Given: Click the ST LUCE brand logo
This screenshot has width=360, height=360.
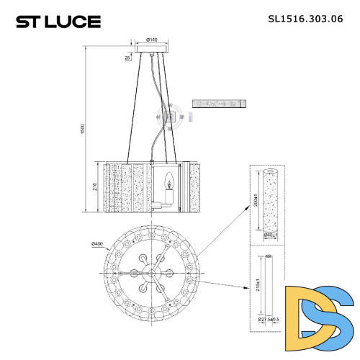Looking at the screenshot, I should [58, 22].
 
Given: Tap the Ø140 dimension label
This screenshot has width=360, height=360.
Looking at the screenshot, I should [152, 40].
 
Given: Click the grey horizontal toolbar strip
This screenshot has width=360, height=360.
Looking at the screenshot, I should [220, 104].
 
